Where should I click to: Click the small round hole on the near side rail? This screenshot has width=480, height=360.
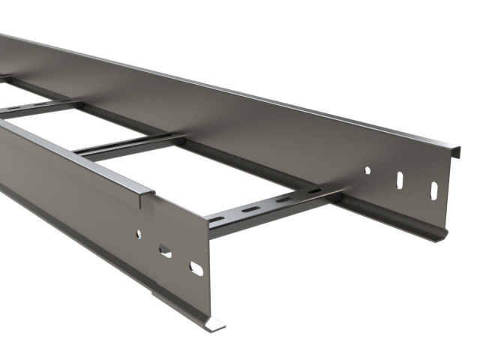(139, 235)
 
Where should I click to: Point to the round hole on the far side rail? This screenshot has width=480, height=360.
(367, 170)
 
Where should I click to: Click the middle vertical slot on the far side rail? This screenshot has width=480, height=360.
(399, 180)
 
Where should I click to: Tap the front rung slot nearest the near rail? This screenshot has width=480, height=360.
(217, 218)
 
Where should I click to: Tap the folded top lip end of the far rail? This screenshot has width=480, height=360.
(454, 143)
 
